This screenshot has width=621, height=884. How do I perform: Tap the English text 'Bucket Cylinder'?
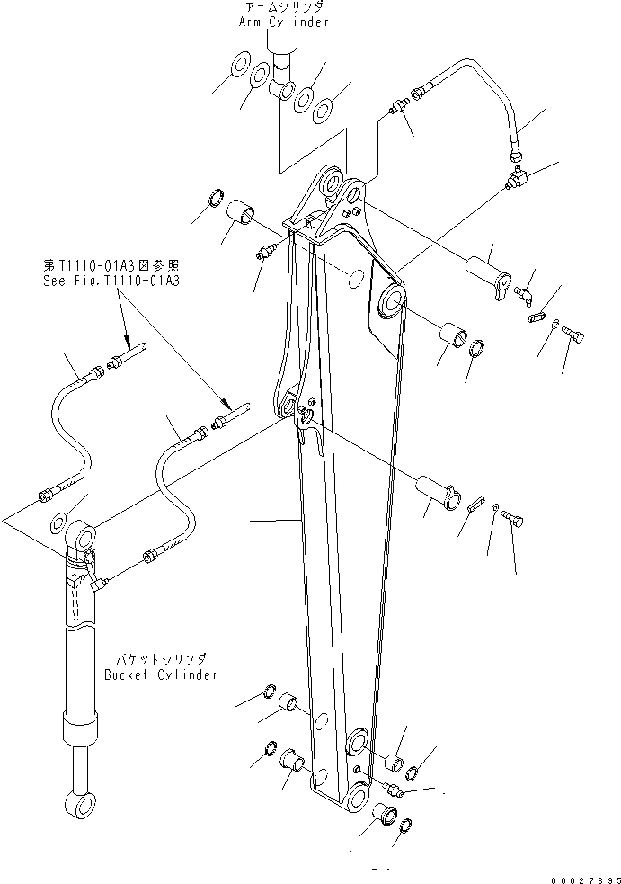(160, 674)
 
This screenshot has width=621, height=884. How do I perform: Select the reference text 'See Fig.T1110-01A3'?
(112, 280)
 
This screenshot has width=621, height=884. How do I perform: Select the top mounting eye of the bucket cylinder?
(83, 540)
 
